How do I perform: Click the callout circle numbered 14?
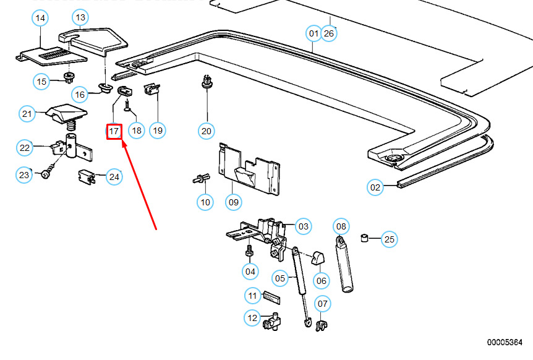(x=40, y=18)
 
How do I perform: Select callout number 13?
(x=80, y=17)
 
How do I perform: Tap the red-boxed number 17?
(x=114, y=131)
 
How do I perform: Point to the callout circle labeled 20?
(x=207, y=131)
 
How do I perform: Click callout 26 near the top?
(x=329, y=33)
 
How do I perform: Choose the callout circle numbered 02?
(x=375, y=187)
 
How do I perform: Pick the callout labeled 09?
(x=234, y=202)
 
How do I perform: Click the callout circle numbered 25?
(x=389, y=239)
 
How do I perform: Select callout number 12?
(x=252, y=318)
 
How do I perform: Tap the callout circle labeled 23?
(x=24, y=175)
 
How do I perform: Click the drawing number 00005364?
(x=505, y=342)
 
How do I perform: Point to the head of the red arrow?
(x=122, y=142)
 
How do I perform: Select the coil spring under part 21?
(x=71, y=126)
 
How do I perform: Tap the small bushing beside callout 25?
(x=364, y=238)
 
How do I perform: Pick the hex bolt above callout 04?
(x=249, y=251)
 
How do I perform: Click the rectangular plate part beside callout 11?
(x=271, y=298)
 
